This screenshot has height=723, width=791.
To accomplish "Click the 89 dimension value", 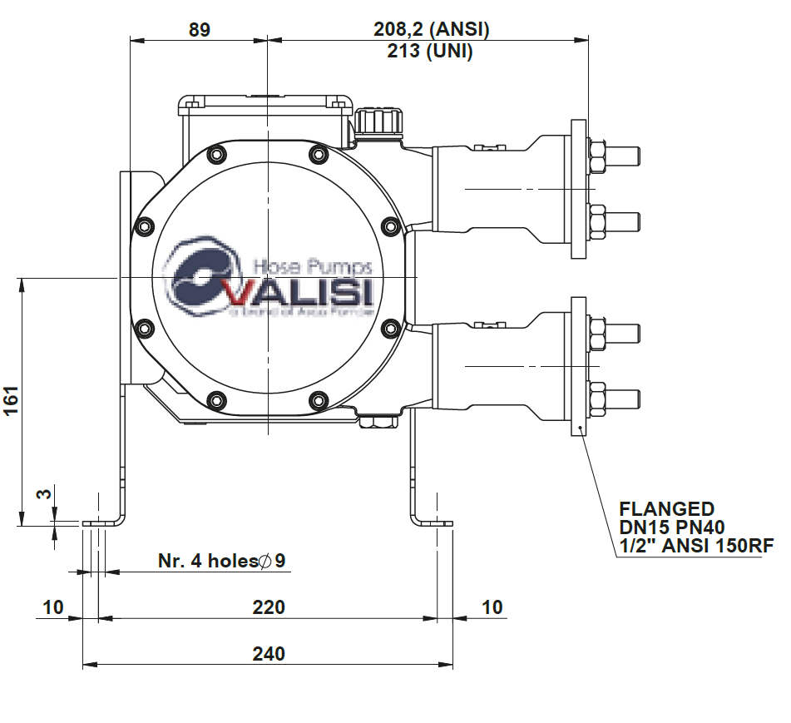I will point(200,30).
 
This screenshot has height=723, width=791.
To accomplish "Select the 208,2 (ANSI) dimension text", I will point(431,30).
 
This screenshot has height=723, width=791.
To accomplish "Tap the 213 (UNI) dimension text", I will point(430,52).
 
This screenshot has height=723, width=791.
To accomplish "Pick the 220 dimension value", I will point(269,607).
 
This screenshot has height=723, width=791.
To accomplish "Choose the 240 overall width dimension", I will point(269,654).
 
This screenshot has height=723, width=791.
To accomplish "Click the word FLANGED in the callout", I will point(666,509).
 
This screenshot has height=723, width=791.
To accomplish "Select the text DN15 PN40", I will point(672,527).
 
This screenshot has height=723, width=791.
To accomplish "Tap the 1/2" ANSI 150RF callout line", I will point(696,547).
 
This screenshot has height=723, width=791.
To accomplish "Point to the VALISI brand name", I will point(300,294).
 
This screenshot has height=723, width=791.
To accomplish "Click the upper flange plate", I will point(578,188).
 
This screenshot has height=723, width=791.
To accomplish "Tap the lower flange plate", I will point(578,366).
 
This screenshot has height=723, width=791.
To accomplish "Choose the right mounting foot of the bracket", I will point(433,522).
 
